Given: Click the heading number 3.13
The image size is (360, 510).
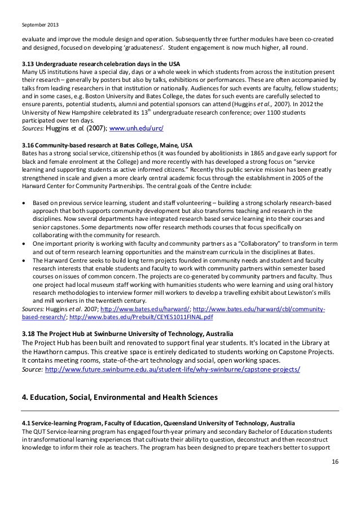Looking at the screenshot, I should tap(27, 63).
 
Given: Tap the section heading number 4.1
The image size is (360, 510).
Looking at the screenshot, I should tap(25, 422).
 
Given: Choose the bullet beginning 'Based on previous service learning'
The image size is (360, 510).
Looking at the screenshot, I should tap(24, 202).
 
